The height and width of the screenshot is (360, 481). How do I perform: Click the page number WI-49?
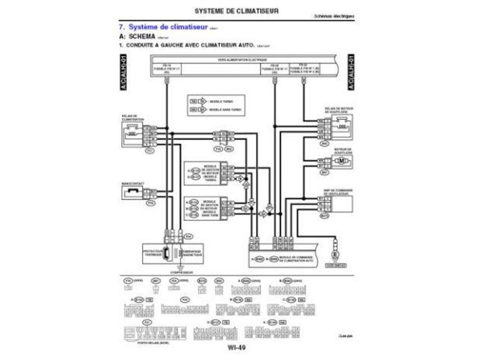(236, 348)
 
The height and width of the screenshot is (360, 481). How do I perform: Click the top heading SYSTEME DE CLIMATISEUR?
(236, 10)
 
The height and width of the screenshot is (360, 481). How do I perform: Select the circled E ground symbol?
(335, 255)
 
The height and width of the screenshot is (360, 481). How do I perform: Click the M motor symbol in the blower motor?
(341, 161)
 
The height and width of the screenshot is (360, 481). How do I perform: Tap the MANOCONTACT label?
(132, 183)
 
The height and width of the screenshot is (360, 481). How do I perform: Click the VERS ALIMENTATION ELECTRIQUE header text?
(242, 60)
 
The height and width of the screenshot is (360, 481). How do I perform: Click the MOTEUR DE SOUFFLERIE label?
(343, 150)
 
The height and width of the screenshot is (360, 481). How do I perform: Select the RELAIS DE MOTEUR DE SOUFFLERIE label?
(339, 110)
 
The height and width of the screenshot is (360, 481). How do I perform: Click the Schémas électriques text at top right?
(334, 16)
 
